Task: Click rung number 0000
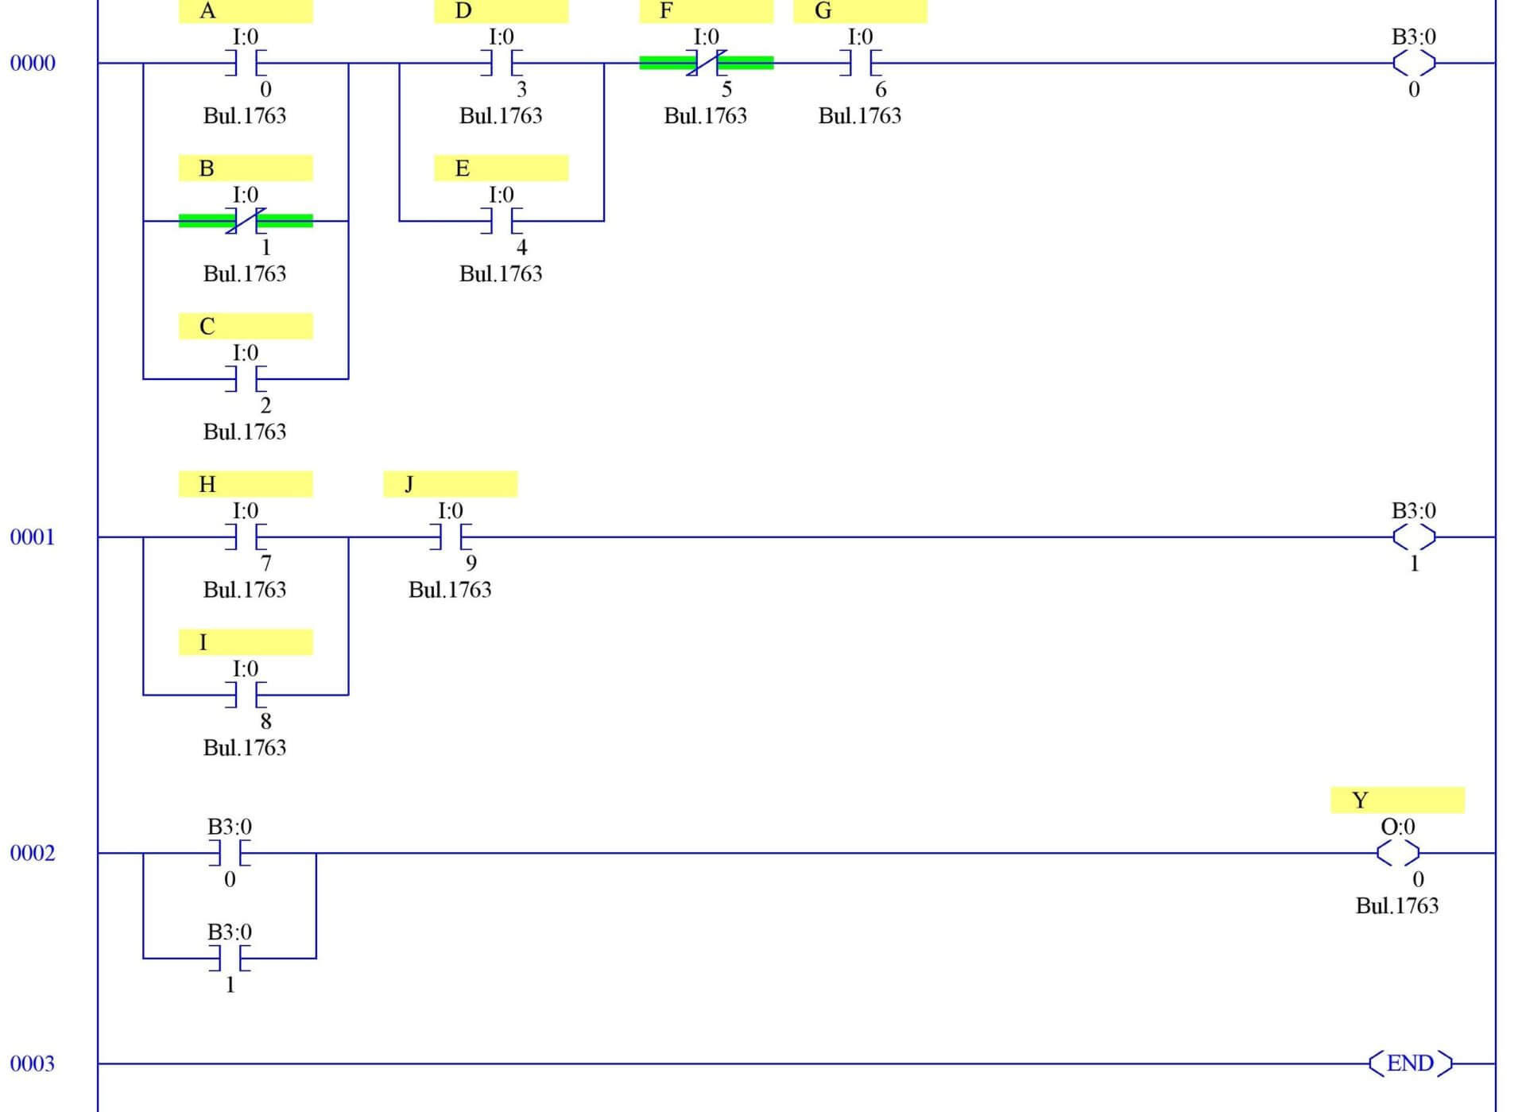(33, 63)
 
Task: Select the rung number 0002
(33, 853)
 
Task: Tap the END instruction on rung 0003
(1410, 1063)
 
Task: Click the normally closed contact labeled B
(246, 221)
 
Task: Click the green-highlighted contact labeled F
(706, 63)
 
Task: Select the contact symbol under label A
(246, 63)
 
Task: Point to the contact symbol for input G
(860, 63)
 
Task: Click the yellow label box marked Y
(1397, 800)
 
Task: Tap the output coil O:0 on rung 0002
(1397, 853)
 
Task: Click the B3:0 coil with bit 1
(1414, 537)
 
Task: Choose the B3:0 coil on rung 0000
(1414, 63)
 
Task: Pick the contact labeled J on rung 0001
(451, 537)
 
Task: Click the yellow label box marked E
(501, 169)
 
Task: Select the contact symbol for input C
(246, 379)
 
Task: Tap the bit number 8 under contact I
(265, 721)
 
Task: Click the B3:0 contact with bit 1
(230, 958)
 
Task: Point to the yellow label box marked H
(246, 484)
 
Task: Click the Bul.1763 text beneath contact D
(501, 116)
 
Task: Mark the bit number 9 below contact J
(471, 563)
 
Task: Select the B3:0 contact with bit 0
(230, 853)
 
